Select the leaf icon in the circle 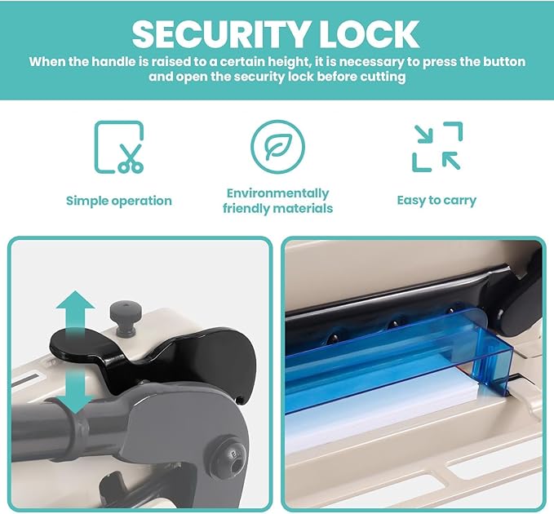(x=277, y=147)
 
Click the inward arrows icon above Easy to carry (x=437, y=147)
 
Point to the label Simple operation (x=119, y=201)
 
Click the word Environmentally (x=277, y=193)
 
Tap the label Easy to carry (x=437, y=201)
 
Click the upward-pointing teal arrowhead (x=76, y=300)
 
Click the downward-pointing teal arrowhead (x=75, y=405)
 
